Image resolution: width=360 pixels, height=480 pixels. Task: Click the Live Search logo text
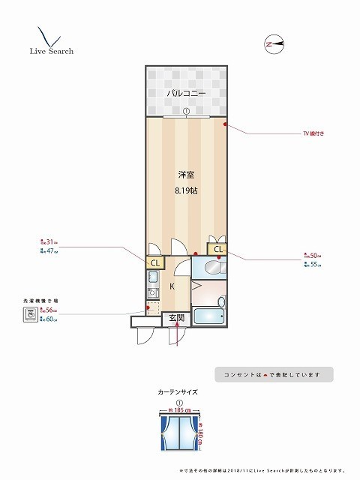click(51, 52)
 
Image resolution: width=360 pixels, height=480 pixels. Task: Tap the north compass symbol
click(274, 43)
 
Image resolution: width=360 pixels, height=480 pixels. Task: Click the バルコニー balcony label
click(184, 92)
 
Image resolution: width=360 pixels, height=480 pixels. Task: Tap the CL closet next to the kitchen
click(155, 262)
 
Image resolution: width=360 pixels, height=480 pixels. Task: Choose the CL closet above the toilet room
click(218, 249)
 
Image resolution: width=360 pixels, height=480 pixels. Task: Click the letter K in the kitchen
click(172, 286)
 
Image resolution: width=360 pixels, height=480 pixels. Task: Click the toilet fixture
click(211, 267)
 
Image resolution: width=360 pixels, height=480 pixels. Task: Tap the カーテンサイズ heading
click(178, 391)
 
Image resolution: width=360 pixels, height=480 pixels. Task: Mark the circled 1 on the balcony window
click(184, 112)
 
